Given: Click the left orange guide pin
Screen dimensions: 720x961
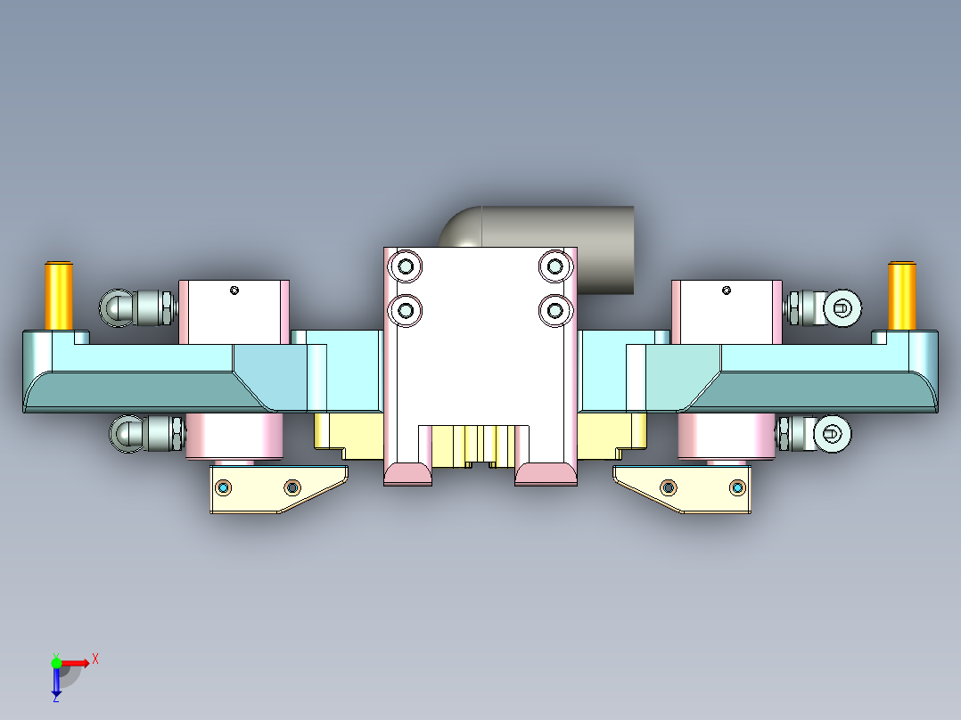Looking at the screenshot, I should click(x=59, y=295).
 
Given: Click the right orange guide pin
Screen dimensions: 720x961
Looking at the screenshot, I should click(x=901, y=295).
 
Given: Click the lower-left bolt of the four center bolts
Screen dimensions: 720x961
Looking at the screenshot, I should click(x=407, y=310).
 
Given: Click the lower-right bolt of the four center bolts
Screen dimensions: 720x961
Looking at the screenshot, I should click(x=555, y=310).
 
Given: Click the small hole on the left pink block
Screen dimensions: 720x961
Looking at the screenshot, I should click(x=234, y=290).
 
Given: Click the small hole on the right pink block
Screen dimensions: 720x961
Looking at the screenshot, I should click(x=727, y=290).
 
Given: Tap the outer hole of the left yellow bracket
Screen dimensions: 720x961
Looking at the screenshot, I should click(x=224, y=487).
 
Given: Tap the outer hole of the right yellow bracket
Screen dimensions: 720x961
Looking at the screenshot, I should click(x=737, y=487).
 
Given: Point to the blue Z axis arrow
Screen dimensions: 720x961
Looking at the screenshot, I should click(x=55, y=683).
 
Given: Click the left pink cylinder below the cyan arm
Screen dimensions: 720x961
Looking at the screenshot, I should click(x=234, y=437).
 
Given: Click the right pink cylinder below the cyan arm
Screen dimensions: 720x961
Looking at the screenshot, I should click(x=727, y=437).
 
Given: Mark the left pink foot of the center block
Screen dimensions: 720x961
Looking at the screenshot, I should click(x=408, y=474).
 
